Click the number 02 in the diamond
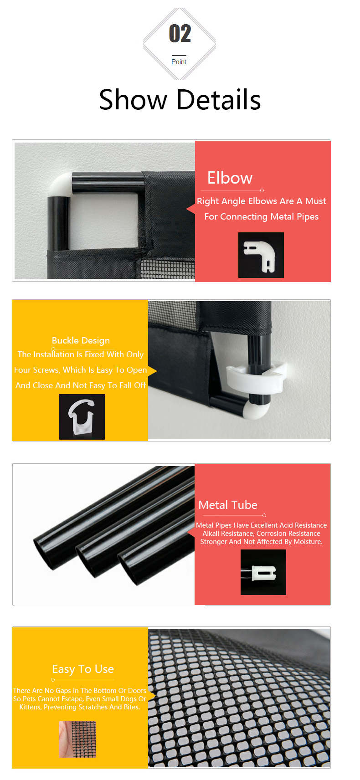point(180,33)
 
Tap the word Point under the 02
point(179,62)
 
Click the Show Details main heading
point(180,100)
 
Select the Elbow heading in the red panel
point(230,178)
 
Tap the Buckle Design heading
point(81,340)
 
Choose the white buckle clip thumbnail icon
point(82,417)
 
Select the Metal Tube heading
point(228,505)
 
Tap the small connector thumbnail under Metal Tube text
point(263,572)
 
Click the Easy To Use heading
point(83,669)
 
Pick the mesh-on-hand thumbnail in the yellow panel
point(77,739)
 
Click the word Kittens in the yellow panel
point(30,707)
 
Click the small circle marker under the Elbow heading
point(262,190)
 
